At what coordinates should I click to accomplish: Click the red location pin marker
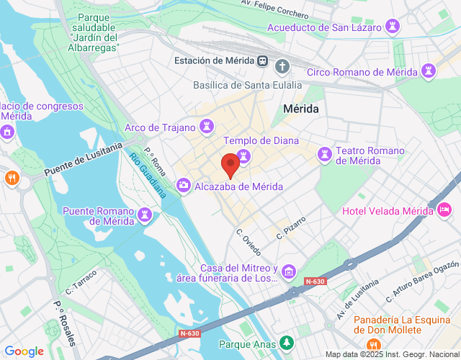pos(230,165)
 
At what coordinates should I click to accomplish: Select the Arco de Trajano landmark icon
pos(207,127)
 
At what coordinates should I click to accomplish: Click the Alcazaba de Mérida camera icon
pos(184,186)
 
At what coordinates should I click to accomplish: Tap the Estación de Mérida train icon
pos(264,61)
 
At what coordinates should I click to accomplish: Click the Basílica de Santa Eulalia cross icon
pos(283,67)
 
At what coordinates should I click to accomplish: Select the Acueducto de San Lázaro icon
pos(393,27)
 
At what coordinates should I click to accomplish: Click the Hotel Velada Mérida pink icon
pos(444,210)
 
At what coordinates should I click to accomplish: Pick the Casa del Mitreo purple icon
pos(288,271)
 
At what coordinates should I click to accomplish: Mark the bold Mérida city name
pos(301,108)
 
